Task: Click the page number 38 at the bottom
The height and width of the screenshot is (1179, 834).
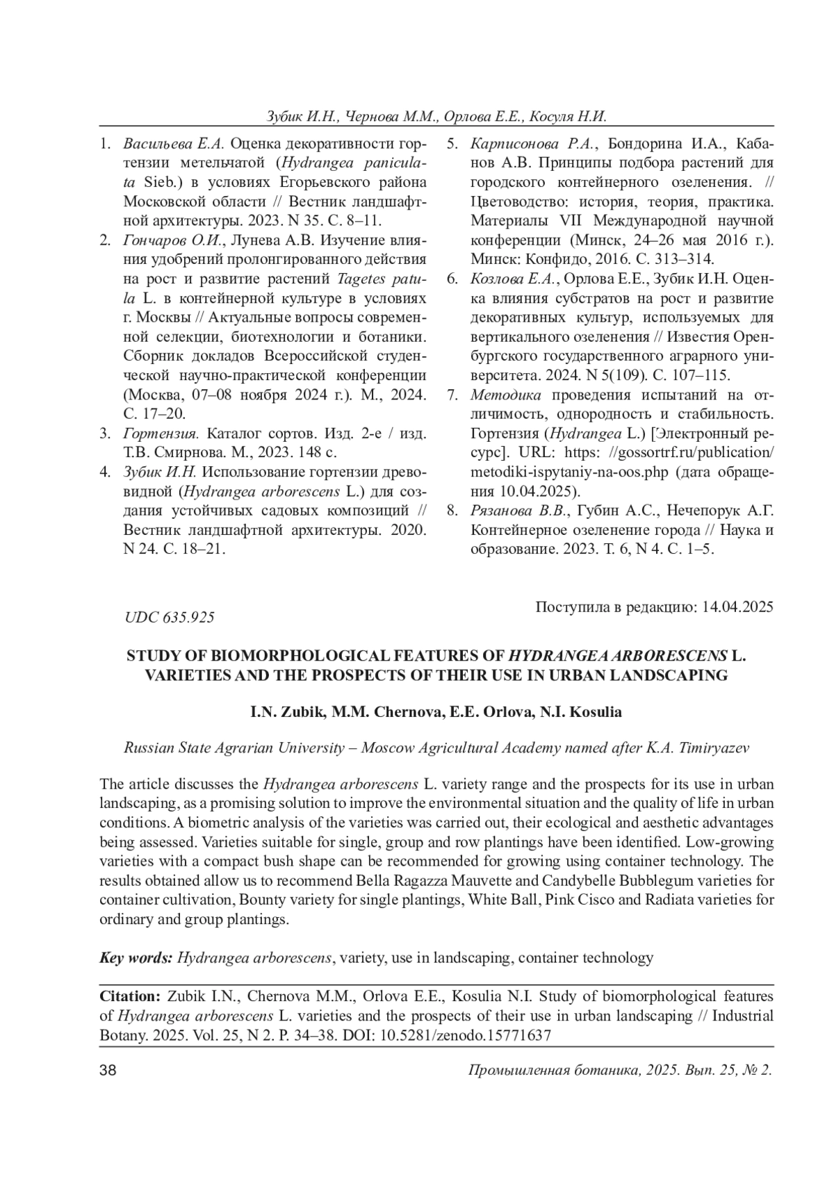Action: (108, 1071)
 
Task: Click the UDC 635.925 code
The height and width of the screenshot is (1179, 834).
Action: (169, 617)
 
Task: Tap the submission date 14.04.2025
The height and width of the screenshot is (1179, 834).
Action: (738, 607)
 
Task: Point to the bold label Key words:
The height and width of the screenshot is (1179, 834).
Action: (136, 958)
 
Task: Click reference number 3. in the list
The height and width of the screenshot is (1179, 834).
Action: (106, 434)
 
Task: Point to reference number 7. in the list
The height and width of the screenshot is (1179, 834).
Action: (452, 395)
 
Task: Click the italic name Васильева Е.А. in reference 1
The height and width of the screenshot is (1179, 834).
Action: (172, 145)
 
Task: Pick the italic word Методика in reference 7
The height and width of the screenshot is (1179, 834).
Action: (505, 395)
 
